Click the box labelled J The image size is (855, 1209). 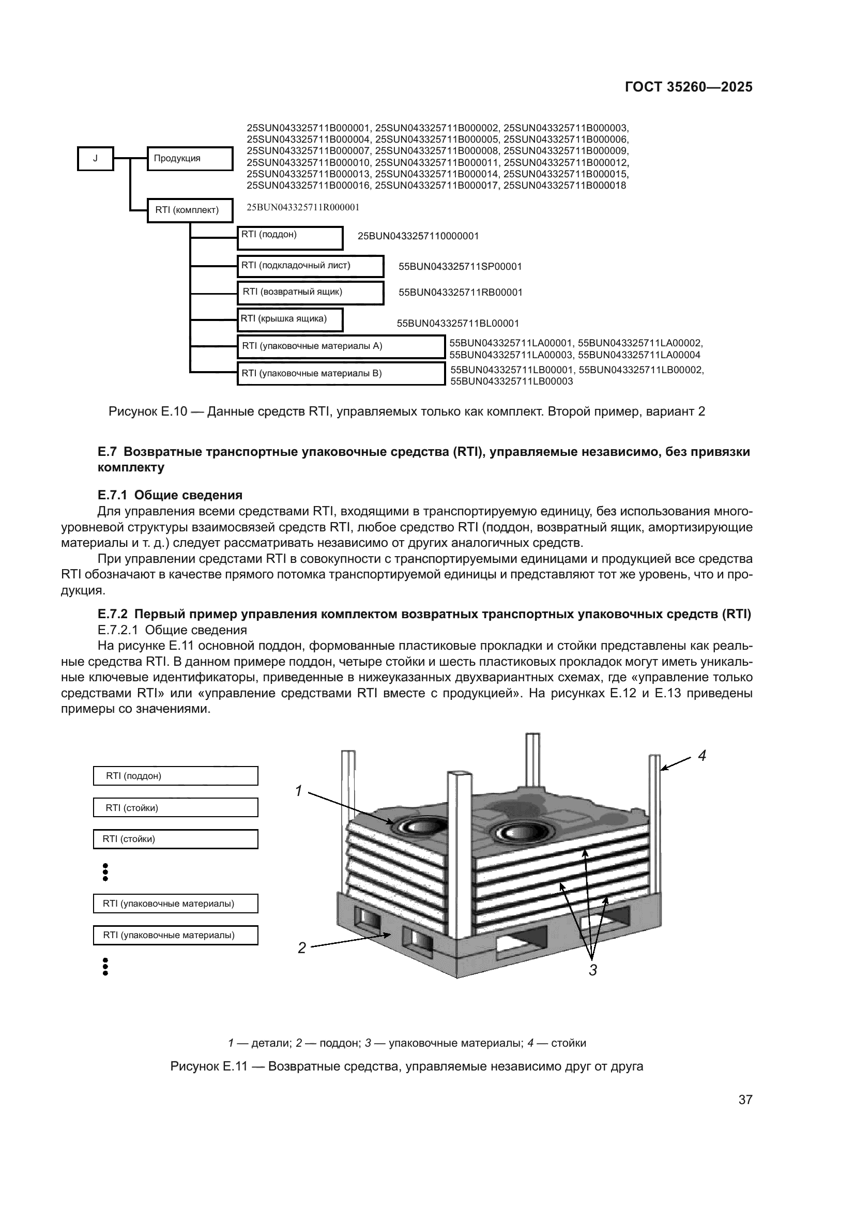(95, 159)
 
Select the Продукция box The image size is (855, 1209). (190, 159)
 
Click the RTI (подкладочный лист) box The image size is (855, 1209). (310, 266)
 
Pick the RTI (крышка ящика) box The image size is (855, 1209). (289, 319)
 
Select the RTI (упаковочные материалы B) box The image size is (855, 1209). (341, 374)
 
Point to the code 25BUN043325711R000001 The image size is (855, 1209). (303, 207)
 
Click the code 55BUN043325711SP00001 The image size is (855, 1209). (460, 266)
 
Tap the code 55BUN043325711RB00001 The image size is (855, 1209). (460, 292)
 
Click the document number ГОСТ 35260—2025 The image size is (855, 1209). (689, 87)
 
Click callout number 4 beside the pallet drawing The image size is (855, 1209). (702, 756)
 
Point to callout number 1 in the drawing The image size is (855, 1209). (298, 791)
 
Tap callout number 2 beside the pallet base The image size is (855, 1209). (302, 948)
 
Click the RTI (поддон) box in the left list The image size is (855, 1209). (175, 776)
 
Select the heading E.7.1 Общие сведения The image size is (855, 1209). (170, 495)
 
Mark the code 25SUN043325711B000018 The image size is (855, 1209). (564, 186)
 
